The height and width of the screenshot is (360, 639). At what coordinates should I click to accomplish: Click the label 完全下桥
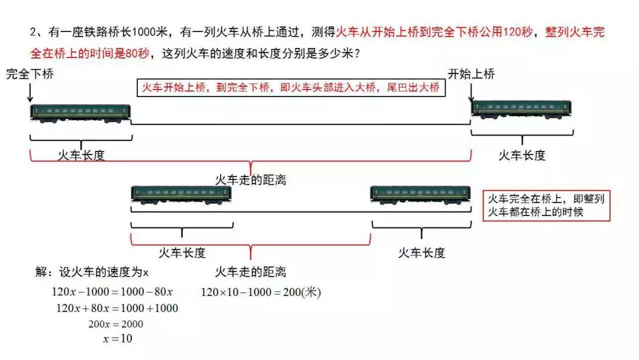click(x=30, y=75)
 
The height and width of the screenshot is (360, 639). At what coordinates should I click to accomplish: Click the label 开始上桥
click(x=471, y=74)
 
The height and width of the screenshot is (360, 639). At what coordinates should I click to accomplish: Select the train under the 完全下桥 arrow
click(x=80, y=113)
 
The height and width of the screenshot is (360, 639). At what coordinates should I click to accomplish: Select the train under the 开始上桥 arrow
click(x=521, y=109)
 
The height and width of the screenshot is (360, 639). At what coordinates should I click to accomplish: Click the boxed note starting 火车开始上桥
click(x=291, y=88)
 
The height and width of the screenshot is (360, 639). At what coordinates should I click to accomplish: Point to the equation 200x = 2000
click(x=116, y=324)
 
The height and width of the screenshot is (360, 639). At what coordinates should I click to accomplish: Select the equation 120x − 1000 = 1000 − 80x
click(x=112, y=292)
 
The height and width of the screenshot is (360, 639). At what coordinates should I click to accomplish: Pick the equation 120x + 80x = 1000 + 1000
click(x=117, y=308)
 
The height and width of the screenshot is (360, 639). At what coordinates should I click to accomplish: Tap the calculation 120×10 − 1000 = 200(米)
click(x=261, y=292)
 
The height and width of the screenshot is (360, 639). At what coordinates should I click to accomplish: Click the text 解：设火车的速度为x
click(x=92, y=272)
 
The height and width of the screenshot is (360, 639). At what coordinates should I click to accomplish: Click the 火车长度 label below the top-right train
click(x=522, y=155)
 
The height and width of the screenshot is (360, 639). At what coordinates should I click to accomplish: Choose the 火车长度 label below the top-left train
click(x=81, y=155)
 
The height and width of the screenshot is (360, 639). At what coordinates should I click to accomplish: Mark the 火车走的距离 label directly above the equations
click(x=250, y=272)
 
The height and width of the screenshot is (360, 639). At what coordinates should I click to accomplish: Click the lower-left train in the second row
click(x=181, y=194)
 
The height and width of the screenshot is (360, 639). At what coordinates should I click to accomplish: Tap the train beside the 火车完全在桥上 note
click(x=421, y=194)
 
